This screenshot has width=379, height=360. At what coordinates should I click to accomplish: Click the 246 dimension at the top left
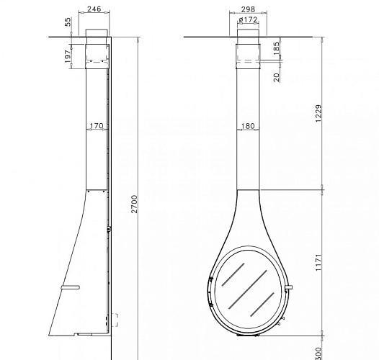point(94,9)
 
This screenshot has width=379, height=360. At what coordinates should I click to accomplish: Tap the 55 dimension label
point(68,22)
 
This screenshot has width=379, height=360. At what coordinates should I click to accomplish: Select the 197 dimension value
point(68,56)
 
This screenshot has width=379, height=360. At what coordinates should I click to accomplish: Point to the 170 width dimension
point(97,125)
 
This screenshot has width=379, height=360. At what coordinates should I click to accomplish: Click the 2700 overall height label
point(135,204)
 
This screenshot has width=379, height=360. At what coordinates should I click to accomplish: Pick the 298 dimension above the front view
point(248,9)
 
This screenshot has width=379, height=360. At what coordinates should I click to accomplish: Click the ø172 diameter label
point(248,19)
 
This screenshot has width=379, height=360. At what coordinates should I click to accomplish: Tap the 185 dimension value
point(277,48)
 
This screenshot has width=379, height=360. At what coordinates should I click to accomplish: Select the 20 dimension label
point(277,77)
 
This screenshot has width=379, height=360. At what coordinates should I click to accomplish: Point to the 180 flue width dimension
point(248,125)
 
